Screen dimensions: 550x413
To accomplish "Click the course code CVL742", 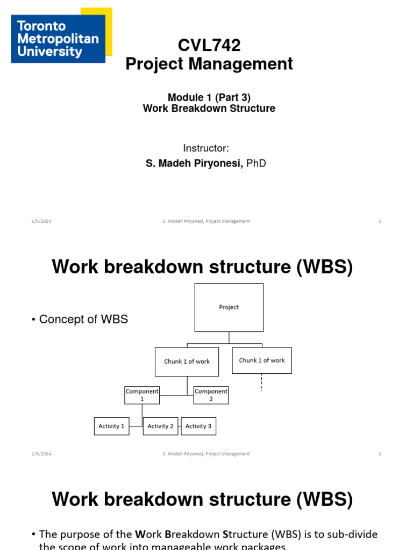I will point(209,46).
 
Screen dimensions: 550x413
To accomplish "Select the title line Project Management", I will point(209,64).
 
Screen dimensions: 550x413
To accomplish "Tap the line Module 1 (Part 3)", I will point(209,97).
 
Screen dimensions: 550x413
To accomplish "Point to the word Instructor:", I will point(206,148).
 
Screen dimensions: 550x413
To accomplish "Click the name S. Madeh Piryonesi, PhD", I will point(206,163).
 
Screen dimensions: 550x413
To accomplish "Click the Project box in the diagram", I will point(229,307).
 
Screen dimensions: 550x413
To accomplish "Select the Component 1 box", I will point(142,395).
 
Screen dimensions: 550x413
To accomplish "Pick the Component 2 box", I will point(211,395).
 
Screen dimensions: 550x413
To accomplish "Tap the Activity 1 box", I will point(111,426).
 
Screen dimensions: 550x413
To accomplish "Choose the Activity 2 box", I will point(160,426).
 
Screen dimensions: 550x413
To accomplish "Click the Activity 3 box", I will point(198,426).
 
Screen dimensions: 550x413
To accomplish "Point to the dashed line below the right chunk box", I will point(262,382).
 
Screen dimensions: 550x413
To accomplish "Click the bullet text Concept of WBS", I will point(83,320).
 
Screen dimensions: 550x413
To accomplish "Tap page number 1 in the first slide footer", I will point(380,221).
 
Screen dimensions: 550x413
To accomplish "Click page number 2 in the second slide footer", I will point(380,454).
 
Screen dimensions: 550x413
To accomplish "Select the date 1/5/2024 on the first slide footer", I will point(41,221).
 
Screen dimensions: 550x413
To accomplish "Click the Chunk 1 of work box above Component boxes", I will point(187,361).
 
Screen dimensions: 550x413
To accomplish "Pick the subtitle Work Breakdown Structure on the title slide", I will point(209,108).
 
